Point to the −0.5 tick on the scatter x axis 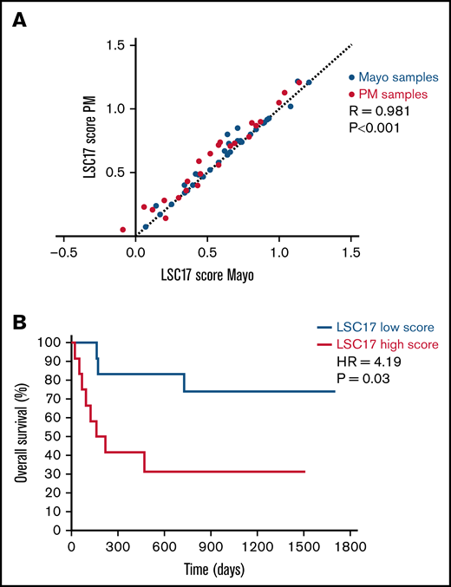63,253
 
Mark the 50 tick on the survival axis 54,436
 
